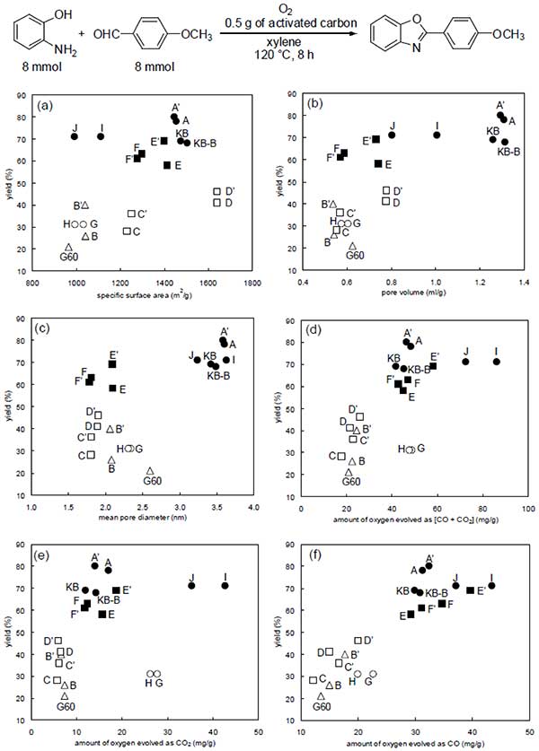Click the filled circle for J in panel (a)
pos(75,136)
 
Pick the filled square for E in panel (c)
pos(112,389)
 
